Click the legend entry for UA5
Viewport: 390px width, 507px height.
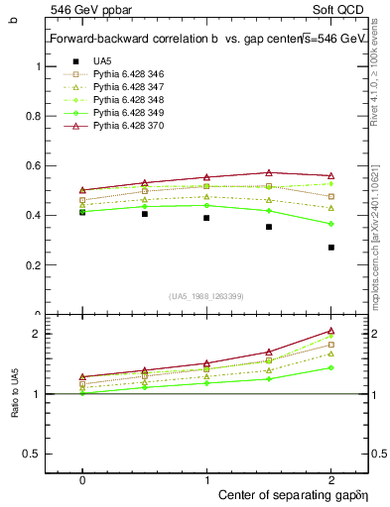pos(102,61)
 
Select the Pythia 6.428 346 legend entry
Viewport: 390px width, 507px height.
pos(124,74)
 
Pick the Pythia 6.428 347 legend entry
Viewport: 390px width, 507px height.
pos(124,87)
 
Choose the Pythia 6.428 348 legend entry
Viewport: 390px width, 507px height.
pos(124,100)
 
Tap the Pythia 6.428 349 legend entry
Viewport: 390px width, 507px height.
pos(124,113)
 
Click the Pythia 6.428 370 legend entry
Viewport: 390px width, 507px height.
pos(124,126)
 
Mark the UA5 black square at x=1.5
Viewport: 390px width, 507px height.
pos(269,227)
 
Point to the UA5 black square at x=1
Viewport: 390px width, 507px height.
pos(206,218)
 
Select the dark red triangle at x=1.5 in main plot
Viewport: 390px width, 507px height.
pos(269,172)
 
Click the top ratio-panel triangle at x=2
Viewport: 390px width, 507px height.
pos(331,331)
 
